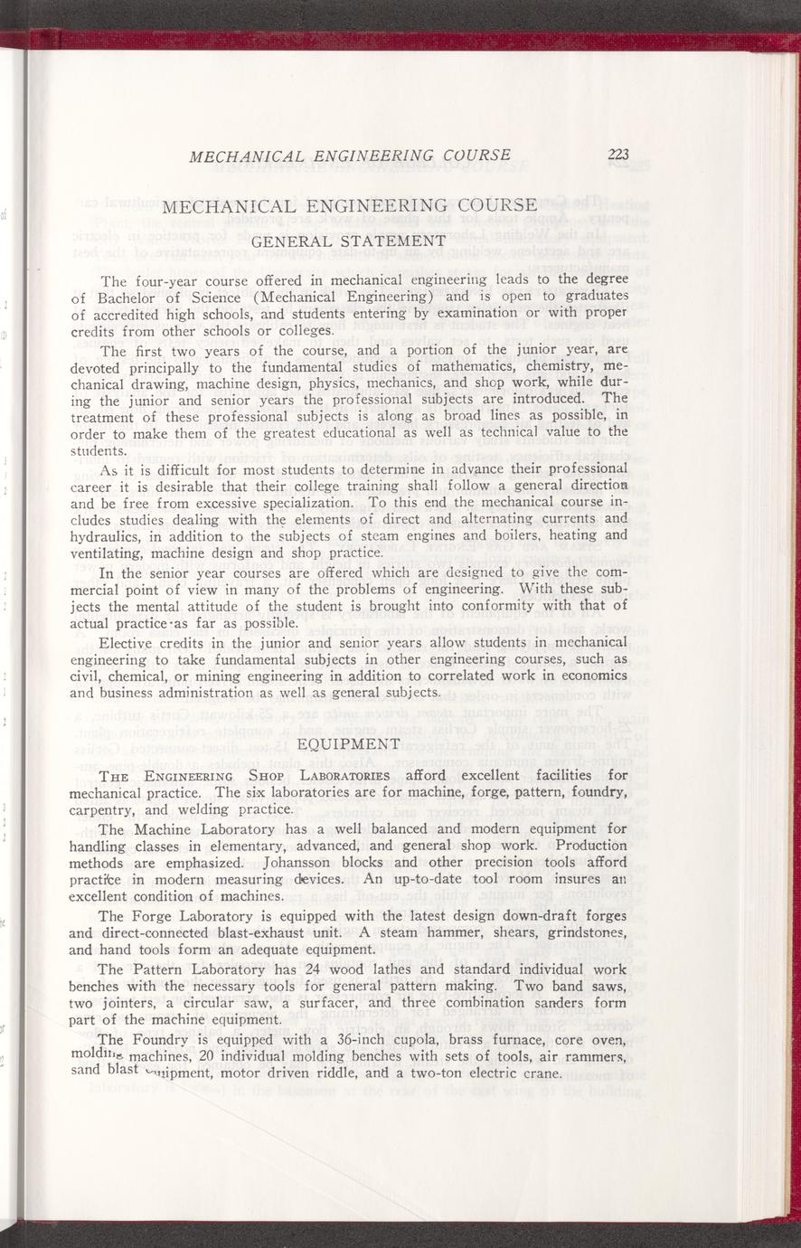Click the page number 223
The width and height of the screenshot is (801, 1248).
click(618, 155)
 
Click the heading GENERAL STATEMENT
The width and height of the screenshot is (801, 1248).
click(348, 241)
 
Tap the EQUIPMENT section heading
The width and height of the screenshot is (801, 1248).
click(348, 743)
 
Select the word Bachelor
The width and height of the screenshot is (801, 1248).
click(118, 299)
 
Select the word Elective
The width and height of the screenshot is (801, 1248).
click(127, 642)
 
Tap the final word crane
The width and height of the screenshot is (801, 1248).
click(540, 1073)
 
